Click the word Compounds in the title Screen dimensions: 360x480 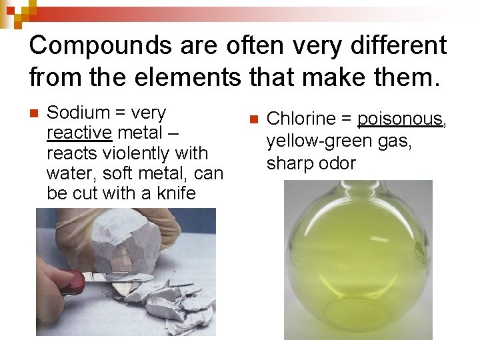coord(101,45)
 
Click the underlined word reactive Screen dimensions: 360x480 coord(79,133)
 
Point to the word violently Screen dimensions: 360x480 coord(137,153)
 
